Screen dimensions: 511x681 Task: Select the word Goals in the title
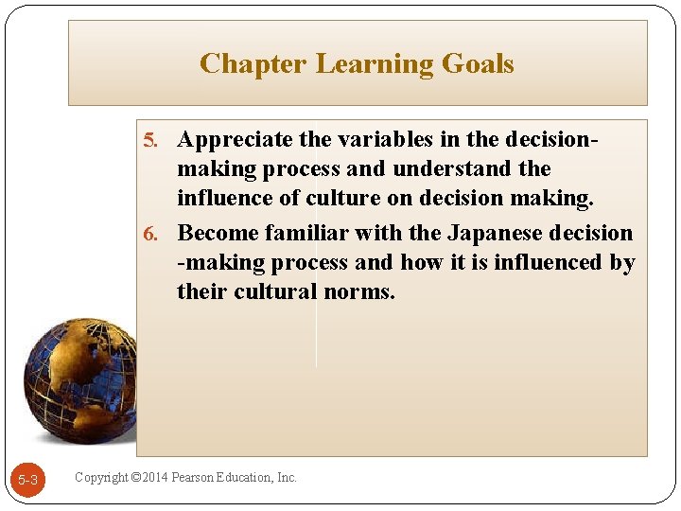[477, 64]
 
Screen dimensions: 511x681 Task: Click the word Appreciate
[236, 140]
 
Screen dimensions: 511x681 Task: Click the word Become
[218, 233]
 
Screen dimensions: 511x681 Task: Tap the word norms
[358, 291]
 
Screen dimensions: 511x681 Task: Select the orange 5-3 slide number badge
[28, 481]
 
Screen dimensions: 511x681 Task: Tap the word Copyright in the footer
[101, 478]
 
